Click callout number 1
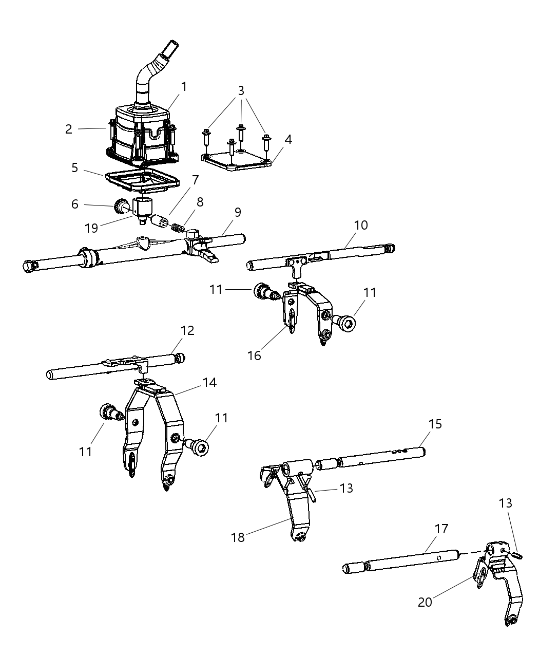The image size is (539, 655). [183, 87]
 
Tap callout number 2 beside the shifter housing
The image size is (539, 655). [69, 129]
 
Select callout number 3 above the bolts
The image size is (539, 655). [241, 90]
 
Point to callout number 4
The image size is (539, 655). [288, 139]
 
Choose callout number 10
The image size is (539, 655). [361, 225]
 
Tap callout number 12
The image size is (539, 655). [188, 331]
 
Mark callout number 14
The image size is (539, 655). [209, 382]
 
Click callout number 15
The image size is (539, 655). [435, 424]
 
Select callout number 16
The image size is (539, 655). [255, 355]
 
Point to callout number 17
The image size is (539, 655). [441, 528]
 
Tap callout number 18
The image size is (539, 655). [238, 537]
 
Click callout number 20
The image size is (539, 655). [425, 602]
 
